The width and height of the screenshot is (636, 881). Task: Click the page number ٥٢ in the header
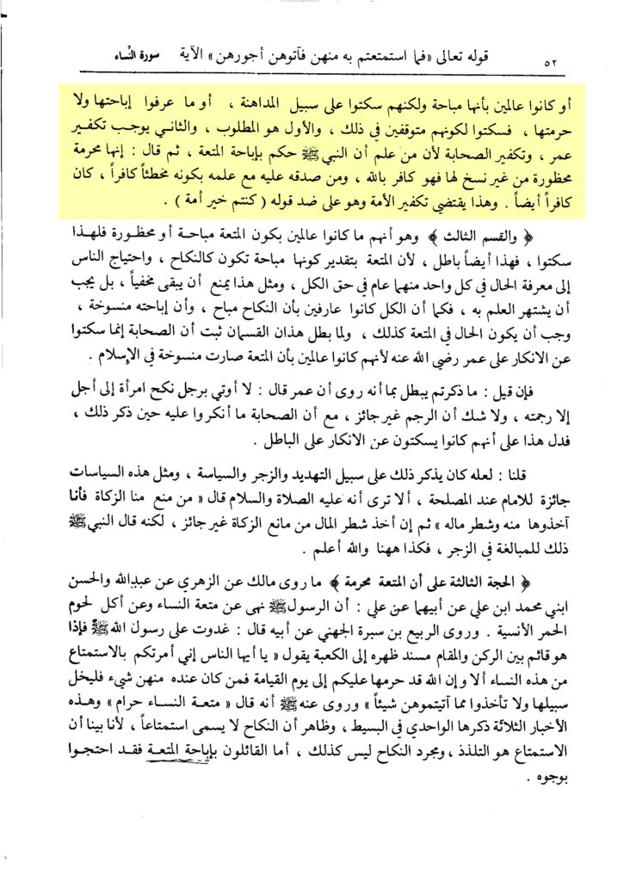[552, 63]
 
